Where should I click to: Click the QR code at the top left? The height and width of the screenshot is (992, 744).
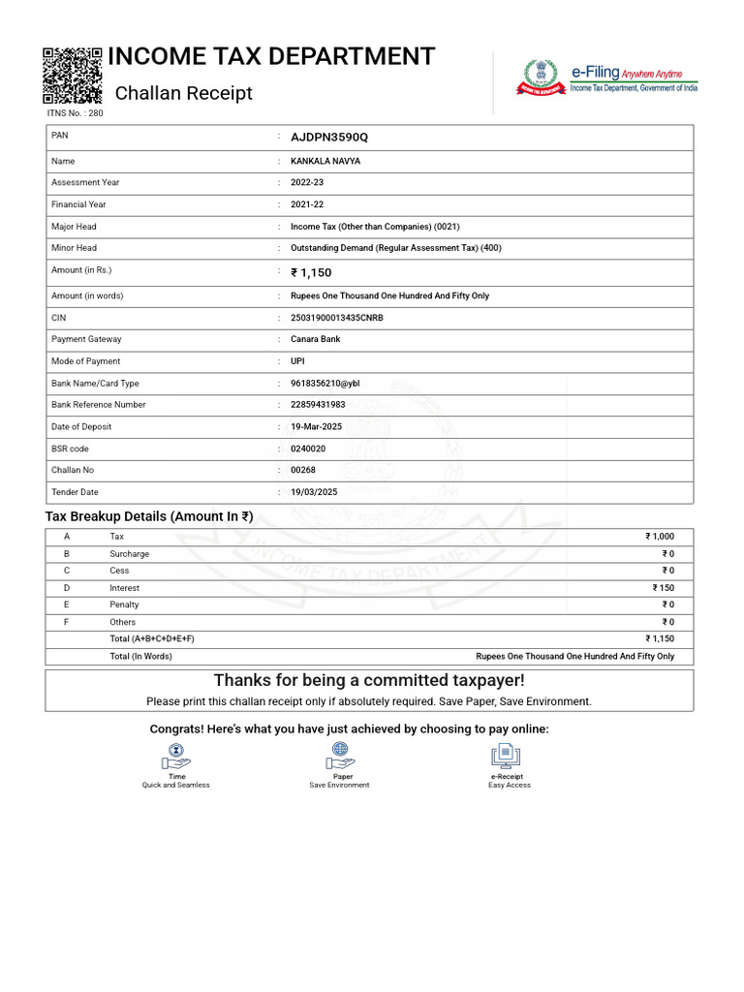coord(73,75)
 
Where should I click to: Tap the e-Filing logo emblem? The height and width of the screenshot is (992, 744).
coord(542,77)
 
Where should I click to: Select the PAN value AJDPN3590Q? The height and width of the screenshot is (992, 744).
coord(329,138)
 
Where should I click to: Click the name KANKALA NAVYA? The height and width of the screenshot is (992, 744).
coord(325,162)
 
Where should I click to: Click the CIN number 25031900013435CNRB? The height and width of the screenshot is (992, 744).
coord(337,318)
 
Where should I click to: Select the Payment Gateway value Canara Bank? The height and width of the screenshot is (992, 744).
coord(316,339)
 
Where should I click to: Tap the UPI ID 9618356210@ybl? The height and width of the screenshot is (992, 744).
coord(325,384)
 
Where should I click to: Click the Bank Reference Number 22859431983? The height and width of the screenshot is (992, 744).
coord(318,405)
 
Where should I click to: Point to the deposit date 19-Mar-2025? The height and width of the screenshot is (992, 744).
coord(316,427)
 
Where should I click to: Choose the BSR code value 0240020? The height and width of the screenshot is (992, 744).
coord(308,449)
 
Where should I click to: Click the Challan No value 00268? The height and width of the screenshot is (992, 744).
coord(303,470)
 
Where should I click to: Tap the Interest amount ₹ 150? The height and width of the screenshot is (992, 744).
coord(664,588)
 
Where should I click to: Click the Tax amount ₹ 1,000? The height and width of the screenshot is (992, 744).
coord(660,537)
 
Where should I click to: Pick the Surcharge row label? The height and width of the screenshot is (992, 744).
coord(129,554)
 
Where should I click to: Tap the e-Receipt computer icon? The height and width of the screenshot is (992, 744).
coord(506,756)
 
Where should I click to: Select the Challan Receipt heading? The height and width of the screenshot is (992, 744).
coord(183,93)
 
